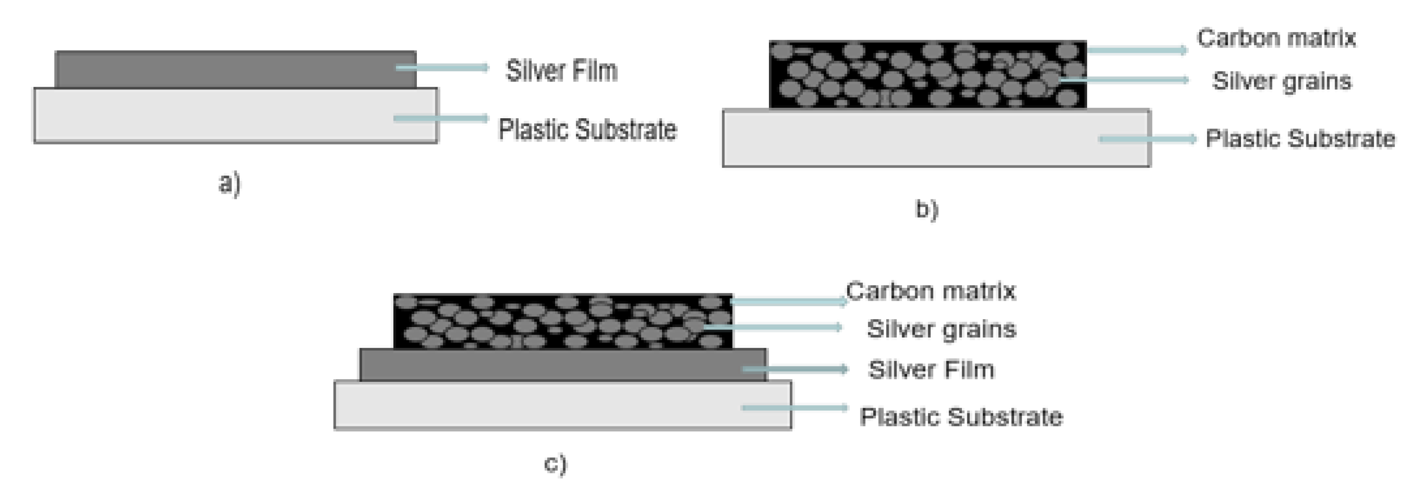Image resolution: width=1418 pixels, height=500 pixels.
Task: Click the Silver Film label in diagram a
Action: point(561,71)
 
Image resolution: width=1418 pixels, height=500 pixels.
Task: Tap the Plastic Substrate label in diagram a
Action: point(587,130)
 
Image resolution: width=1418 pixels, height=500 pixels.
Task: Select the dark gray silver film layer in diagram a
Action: point(220,69)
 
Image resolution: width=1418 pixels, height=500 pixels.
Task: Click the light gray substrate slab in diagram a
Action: point(220,116)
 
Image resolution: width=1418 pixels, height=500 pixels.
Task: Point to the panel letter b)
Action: point(926,210)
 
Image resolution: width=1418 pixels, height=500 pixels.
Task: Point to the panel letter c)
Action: point(555,464)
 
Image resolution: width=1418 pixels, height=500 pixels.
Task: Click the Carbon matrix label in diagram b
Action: point(1276,38)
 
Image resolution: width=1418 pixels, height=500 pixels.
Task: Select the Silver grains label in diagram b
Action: point(1281,81)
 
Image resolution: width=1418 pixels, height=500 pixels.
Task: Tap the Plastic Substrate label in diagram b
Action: point(1300,138)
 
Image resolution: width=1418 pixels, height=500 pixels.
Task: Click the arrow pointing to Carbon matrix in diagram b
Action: point(1137,50)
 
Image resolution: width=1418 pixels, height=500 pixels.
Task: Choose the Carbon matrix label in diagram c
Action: point(930,291)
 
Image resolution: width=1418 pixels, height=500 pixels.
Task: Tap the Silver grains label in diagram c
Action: point(941,329)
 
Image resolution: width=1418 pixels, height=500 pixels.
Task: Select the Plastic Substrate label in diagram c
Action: point(961,416)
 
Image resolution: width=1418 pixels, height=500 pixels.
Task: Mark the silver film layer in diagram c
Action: point(550,365)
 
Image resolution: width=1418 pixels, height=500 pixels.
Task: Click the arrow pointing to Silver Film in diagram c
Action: point(795,368)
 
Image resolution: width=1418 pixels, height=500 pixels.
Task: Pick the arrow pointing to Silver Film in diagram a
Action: point(442,68)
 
